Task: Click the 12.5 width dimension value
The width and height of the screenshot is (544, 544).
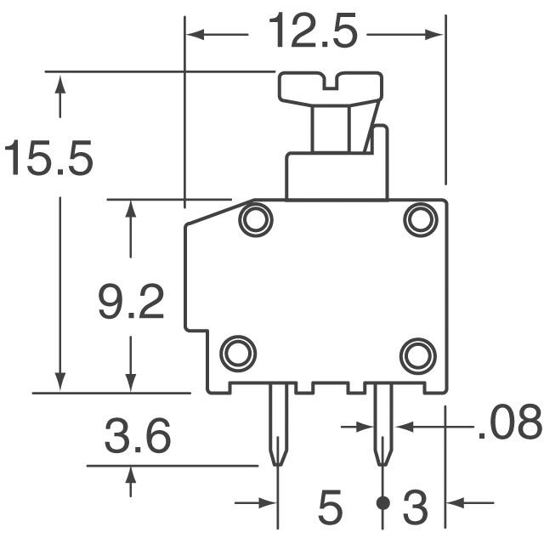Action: click(313, 31)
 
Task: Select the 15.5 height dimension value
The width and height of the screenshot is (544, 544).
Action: click(49, 157)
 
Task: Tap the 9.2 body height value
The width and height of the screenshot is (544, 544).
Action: click(131, 301)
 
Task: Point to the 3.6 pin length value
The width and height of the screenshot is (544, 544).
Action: click(138, 435)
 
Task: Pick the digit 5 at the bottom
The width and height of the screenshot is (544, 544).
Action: click(331, 507)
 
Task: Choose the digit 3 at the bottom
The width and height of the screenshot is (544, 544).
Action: click(416, 507)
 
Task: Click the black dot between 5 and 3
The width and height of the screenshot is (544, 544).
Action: click(383, 503)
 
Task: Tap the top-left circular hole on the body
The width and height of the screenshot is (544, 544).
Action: click(256, 219)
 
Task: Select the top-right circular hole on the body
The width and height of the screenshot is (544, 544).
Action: click(421, 219)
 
